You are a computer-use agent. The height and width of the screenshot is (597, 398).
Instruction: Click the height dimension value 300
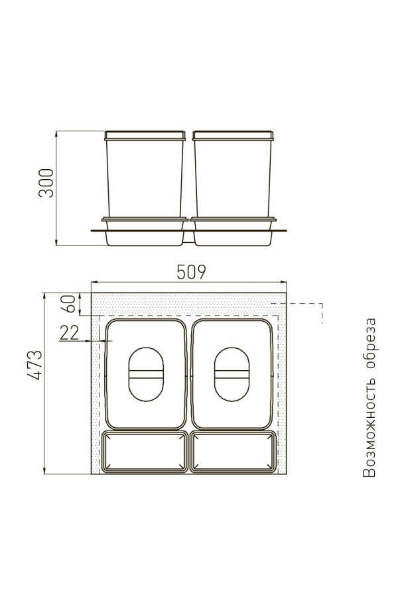tap(46, 183)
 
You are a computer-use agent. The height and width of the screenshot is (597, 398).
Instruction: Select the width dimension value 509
tap(192, 272)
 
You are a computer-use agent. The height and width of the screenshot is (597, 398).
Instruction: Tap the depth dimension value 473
tap(34, 365)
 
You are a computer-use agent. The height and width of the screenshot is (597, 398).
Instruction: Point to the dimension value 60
tap(70, 303)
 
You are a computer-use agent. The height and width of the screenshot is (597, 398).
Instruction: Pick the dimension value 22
tap(69, 333)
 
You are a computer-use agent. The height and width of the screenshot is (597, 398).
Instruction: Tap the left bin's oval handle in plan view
tap(146, 374)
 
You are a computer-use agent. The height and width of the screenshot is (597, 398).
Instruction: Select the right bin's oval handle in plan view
tap(232, 374)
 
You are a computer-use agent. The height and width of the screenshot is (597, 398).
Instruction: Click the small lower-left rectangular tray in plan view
tap(145, 452)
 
